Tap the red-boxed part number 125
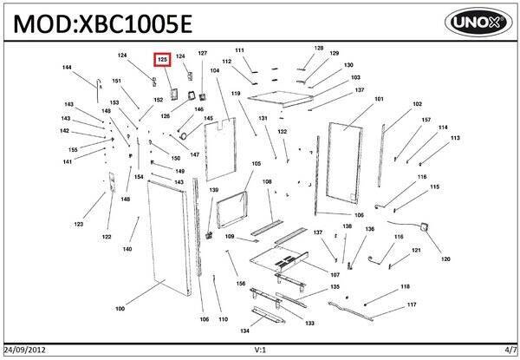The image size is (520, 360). (x=162, y=60)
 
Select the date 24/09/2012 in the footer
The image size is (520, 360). (x=25, y=350)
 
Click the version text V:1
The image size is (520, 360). (x=258, y=350)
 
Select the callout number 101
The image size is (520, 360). (x=379, y=100)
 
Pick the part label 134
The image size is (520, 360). (x=245, y=331)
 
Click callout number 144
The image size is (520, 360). (x=68, y=67)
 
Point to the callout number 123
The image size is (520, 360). (x=78, y=225)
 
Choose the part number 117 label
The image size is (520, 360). (x=413, y=304)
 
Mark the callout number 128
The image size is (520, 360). (x=319, y=48)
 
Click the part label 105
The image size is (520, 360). (x=256, y=164)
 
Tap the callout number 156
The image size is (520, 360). (x=242, y=284)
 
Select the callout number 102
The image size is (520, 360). (x=417, y=103)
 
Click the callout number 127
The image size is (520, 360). (x=203, y=54)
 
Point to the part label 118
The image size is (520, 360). (x=404, y=286)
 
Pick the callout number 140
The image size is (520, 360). (x=127, y=249)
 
